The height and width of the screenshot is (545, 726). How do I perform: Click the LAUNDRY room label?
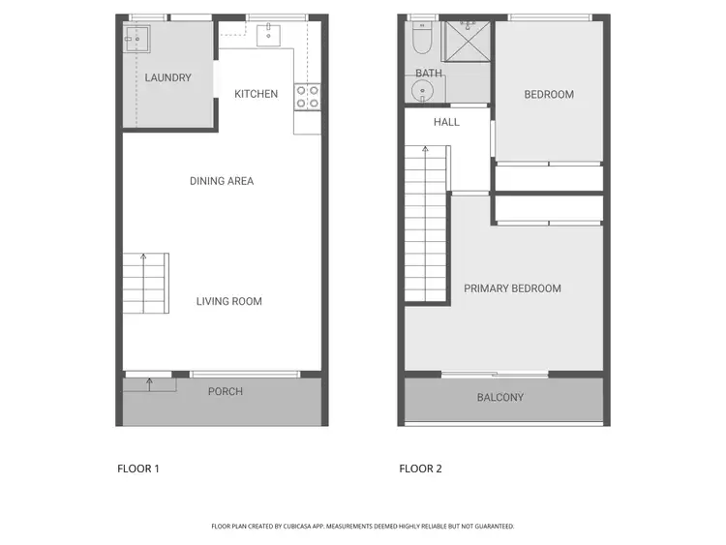tap(167, 77)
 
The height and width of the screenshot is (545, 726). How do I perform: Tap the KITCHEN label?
tap(257, 94)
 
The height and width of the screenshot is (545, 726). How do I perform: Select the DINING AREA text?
tap(222, 181)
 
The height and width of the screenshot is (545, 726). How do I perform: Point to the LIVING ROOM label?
tap(229, 301)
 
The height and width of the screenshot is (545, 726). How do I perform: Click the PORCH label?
tap(226, 391)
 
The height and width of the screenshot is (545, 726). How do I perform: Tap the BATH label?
tap(429, 74)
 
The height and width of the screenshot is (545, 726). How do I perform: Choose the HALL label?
tap(446, 122)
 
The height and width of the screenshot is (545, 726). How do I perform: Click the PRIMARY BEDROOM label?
tap(512, 288)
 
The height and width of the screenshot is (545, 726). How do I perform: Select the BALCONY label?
tap(500, 397)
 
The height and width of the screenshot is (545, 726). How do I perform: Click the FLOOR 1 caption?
tap(138, 469)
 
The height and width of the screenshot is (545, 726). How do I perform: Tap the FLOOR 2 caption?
tap(421, 469)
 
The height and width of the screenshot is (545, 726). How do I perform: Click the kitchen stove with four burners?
tap(307, 96)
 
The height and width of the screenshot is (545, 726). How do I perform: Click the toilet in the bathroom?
tap(421, 37)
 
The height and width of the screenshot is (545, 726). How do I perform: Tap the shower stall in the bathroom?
tap(469, 41)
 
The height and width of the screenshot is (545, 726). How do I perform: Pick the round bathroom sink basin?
tap(423, 92)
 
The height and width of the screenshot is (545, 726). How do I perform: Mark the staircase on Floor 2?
tap(426, 223)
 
